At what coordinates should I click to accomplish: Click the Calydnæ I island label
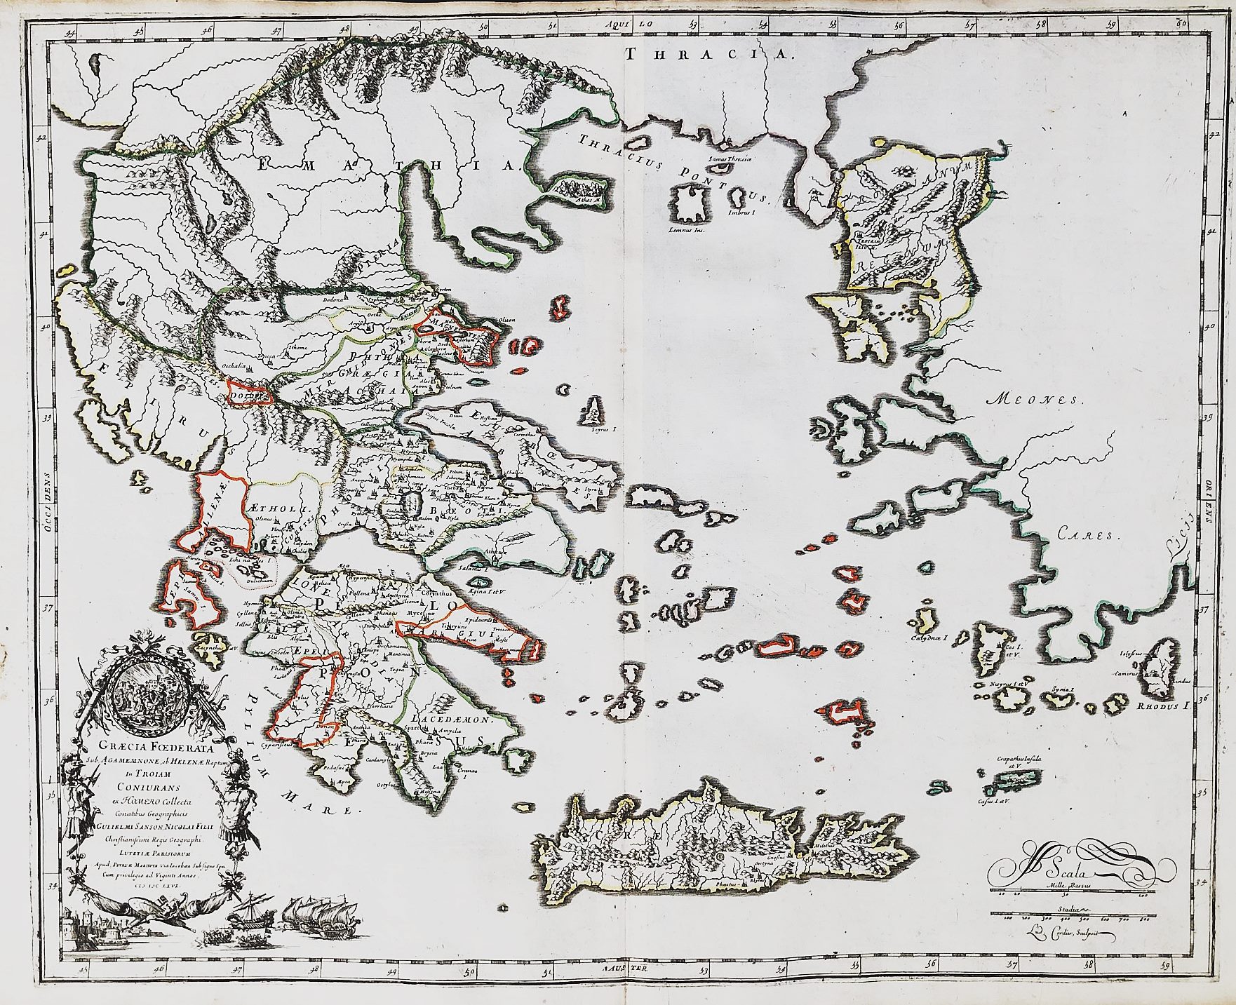click(x=930, y=639)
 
